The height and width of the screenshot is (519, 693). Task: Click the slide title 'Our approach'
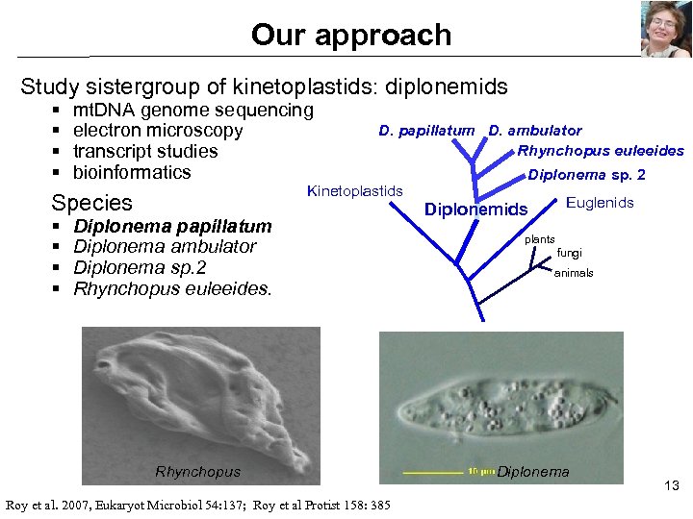click(350, 35)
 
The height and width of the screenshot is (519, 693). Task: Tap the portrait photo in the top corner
click(665, 30)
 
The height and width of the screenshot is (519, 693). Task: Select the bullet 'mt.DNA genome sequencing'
click(192, 110)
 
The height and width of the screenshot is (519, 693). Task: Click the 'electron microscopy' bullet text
click(158, 131)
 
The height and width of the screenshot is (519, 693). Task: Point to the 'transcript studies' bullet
click(145, 152)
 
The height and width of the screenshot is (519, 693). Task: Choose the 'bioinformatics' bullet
click(132, 173)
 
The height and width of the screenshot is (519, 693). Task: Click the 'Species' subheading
click(91, 203)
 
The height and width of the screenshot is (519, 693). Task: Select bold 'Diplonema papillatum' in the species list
click(172, 227)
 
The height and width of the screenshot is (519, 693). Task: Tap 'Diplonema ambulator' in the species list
click(165, 247)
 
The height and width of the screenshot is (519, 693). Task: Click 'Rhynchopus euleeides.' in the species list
click(172, 288)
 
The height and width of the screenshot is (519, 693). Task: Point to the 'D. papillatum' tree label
click(426, 131)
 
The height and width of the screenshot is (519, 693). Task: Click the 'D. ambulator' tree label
click(535, 131)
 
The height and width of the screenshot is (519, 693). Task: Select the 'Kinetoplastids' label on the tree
click(354, 191)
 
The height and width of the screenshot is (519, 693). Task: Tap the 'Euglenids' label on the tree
click(600, 203)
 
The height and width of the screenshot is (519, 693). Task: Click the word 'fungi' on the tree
click(570, 254)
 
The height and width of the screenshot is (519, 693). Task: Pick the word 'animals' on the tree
click(574, 273)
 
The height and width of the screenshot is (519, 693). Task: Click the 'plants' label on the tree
click(539, 238)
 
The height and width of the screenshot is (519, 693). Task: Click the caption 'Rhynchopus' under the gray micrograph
click(197, 471)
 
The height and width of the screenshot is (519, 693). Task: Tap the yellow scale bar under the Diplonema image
click(432, 473)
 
